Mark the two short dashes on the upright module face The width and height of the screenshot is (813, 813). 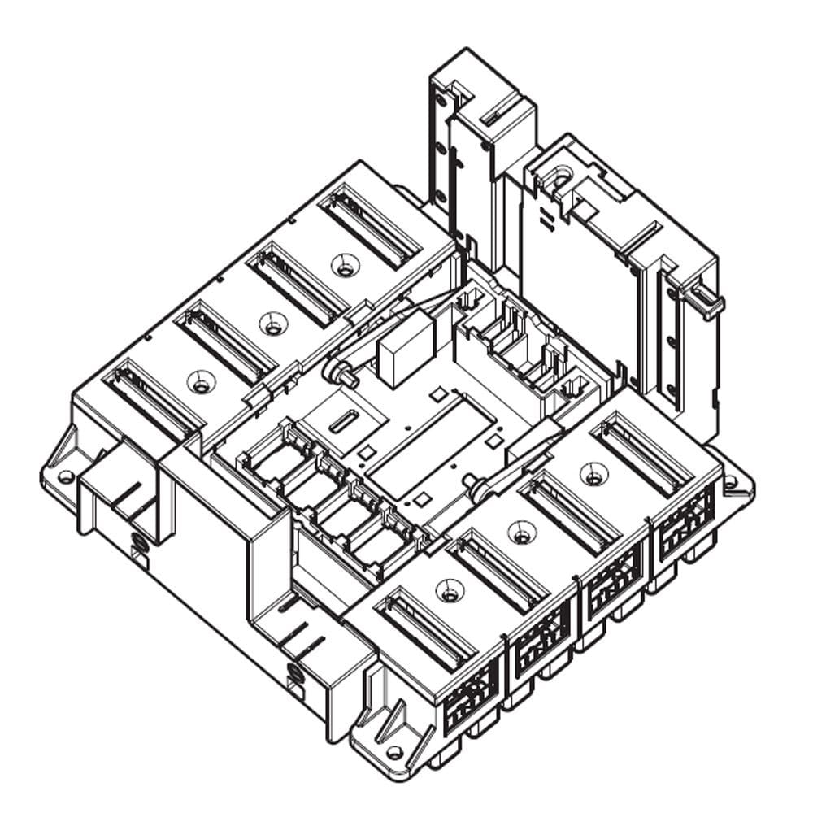pyautogui.click(x=545, y=218)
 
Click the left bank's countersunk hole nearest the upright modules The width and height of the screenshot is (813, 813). pyautogui.click(x=346, y=265)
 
